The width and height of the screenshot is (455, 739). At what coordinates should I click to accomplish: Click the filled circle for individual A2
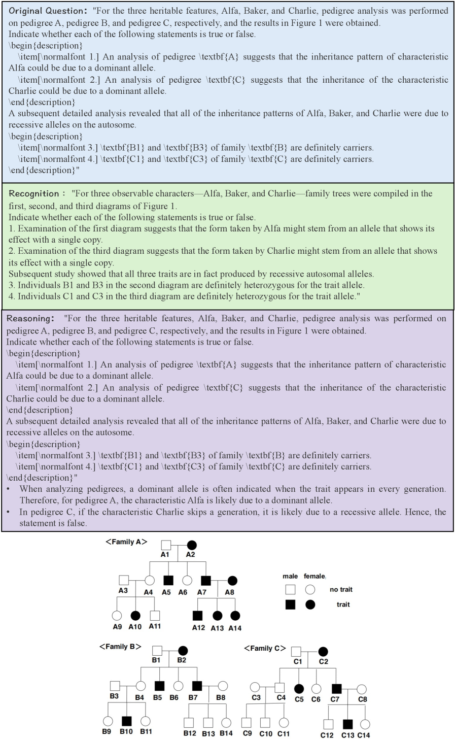point(191,545)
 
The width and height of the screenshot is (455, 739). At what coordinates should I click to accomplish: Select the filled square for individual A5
point(168,580)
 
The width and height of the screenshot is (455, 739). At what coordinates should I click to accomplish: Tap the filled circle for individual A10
point(135,615)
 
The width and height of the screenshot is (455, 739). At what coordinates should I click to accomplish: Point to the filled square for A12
point(198,615)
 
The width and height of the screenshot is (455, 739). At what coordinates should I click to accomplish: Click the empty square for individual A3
point(123,580)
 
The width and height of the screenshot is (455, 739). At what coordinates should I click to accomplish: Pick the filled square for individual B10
point(126,721)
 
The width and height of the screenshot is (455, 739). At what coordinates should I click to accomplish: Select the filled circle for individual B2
point(183,650)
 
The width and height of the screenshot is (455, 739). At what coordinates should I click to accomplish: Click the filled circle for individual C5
point(299,688)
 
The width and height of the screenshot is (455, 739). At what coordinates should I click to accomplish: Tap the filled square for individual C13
point(347,724)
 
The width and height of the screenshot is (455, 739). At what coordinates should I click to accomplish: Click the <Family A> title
point(126,542)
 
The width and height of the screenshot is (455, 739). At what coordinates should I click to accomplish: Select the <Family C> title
point(265,648)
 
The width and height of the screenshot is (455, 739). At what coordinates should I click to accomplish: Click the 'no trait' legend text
point(341,589)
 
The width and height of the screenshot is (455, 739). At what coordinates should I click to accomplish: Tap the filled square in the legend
point(290,604)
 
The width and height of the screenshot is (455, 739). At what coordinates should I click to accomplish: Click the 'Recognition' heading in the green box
point(34,193)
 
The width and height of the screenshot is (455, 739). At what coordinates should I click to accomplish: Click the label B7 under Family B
point(193,697)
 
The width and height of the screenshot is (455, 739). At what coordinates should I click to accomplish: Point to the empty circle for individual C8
point(362,689)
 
